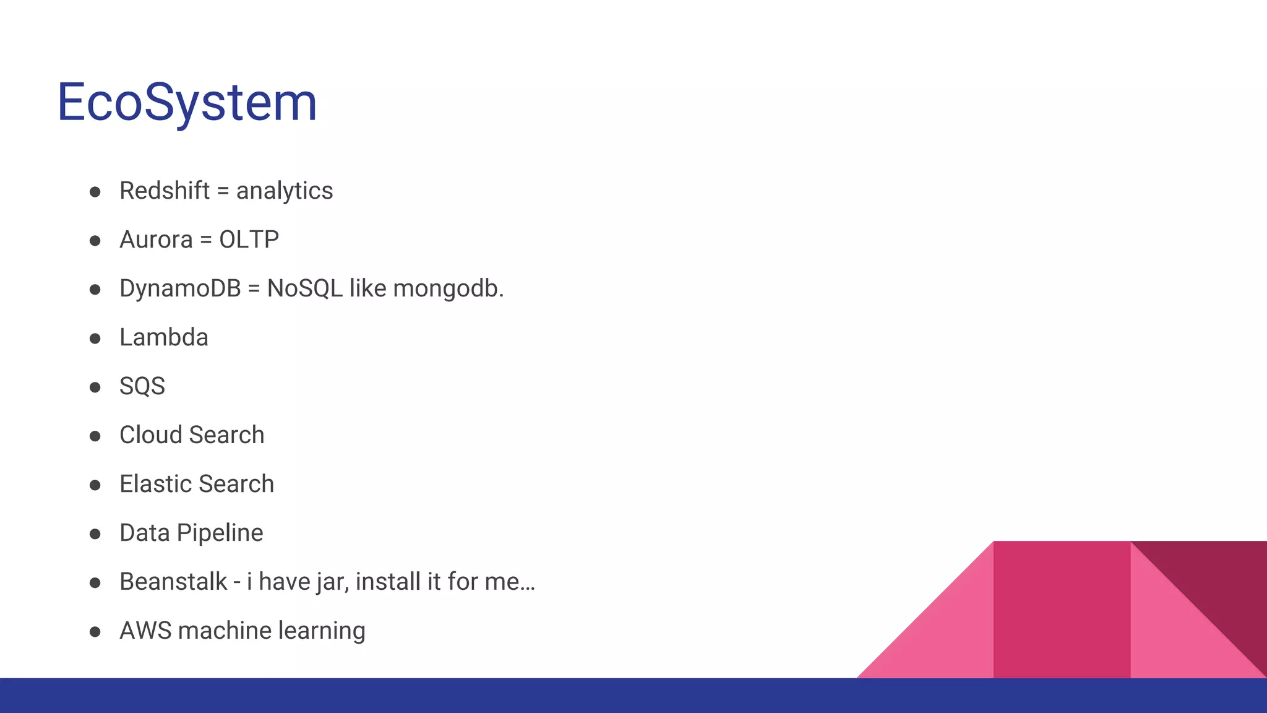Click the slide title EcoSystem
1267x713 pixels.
click(187, 102)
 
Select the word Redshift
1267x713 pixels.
click(165, 191)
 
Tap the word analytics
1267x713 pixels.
click(285, 191)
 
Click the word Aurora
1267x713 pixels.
click(156, 240)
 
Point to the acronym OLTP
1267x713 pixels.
click(249, 240)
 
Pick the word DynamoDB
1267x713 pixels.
click(180, 289)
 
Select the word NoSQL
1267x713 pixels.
click(304, 289)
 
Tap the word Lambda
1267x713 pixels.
click(164, 337)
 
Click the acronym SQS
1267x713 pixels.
click(142, 386)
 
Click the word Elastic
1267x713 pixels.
click(155, 484)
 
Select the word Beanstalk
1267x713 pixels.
click(173, 582)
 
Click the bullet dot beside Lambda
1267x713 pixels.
click(95, 339)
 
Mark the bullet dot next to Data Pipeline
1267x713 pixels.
click(95, 534)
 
